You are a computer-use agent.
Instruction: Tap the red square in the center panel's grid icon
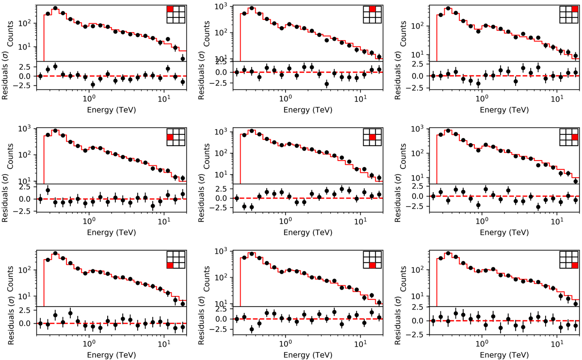(x=372, y=137)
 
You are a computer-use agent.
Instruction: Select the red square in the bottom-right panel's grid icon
(x=575, y=265)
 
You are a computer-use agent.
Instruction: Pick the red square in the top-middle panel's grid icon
(x=372, y=9)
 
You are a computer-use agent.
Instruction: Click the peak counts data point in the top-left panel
(x=55, y=8)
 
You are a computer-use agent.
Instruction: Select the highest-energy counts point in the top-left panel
(x=183, y=58)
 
